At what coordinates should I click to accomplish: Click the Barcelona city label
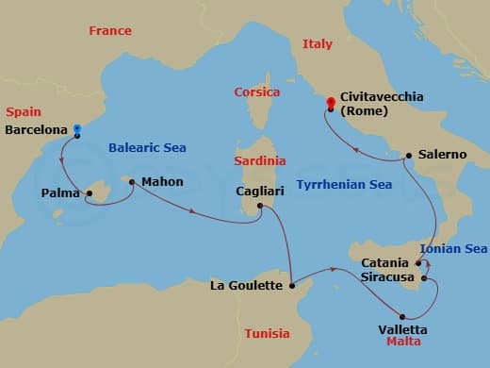[35, 130]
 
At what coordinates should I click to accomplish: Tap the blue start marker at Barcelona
[77, 128]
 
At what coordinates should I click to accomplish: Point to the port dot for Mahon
[132, 182]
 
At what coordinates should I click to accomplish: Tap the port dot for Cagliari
[260, 216]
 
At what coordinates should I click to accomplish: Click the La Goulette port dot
[293, 284]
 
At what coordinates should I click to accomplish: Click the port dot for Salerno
[408, 156]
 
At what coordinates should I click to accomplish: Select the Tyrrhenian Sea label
[344, 185]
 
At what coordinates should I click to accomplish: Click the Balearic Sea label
[147, 148]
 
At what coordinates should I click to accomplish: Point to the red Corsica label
[257, 92]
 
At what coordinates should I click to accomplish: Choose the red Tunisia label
[267, 334]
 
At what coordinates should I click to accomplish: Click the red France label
[109, 31]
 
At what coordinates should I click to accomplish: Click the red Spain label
[24, 110]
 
